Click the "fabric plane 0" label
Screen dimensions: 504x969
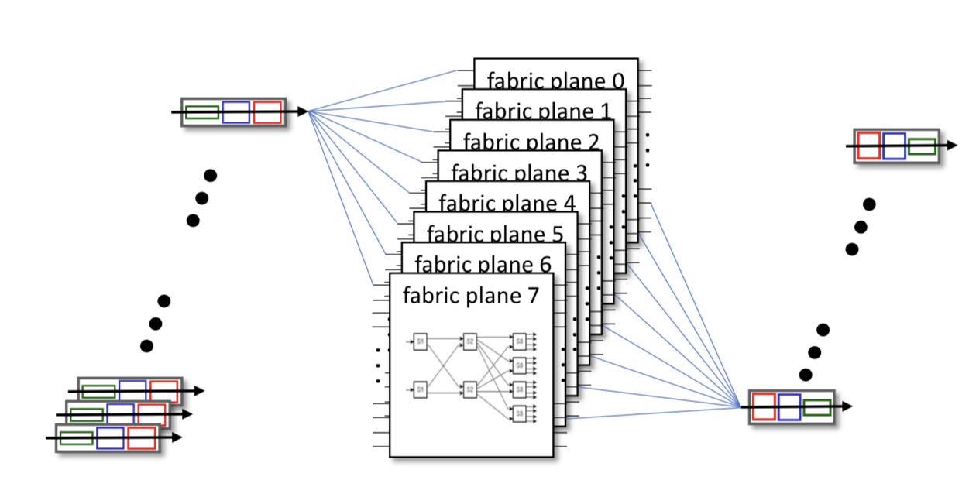[x=555, y=81]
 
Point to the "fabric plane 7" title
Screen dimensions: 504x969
[x=470, y=295]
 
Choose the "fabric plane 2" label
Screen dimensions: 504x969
[x=531, y=142]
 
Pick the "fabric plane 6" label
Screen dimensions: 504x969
[x=483, y=263]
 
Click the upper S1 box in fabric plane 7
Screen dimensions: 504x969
[x=420, y=341]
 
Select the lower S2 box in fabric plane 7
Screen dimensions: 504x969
[x=469, y=390]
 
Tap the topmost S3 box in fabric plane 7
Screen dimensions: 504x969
[x=519, y=341]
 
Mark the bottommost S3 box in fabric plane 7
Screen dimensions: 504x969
[x=519, y=414]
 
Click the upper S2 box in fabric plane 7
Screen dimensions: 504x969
[x=469, y=341]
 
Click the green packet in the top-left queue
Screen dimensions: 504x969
[x=202, y=112]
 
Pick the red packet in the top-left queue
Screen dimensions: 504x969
[x=267, y=112]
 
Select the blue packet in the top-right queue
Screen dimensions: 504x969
[x=894, y=146]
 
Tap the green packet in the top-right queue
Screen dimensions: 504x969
[x=922, y=146]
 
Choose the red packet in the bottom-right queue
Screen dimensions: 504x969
[x=763, y=406]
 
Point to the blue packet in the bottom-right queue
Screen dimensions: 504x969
[x=789, y=406]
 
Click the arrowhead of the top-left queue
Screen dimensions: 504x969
[x=302, y=112]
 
